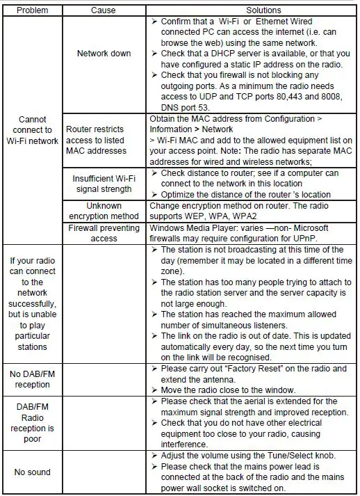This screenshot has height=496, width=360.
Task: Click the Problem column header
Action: coord(33,10)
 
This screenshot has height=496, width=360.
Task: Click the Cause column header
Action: coord(104,10)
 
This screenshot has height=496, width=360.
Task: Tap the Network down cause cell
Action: coord(104,54)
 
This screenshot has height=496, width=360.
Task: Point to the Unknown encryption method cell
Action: coord(104,211)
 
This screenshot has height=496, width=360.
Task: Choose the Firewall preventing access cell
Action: coord(104,233)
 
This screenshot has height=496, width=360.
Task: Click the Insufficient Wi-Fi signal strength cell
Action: coord(104,183)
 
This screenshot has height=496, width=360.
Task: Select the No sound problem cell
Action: coord(33,472)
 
